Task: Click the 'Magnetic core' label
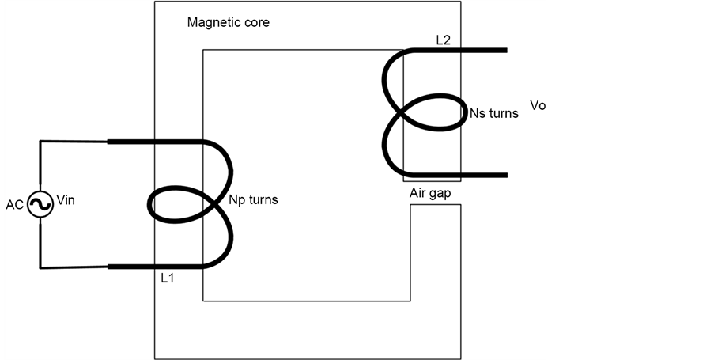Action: [x=228, y=22]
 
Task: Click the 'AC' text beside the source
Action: [x=14, y=205]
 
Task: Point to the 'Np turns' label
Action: [x=253, y=200]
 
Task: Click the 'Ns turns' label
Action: [x=493, y=113]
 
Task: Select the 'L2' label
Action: [x=444, y=39]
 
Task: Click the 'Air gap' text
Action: [x=431, y=193]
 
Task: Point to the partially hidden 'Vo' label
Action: [x=538, y=106]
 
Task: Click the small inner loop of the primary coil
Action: [x=176, y=203]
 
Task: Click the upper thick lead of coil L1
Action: [x=150, y=142]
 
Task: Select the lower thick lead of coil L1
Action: [x=150, y=267]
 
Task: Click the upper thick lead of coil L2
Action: [x=467, y=51]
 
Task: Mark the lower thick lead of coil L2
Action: [x=467, y=175]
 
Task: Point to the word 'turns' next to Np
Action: [x=263, y=200]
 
